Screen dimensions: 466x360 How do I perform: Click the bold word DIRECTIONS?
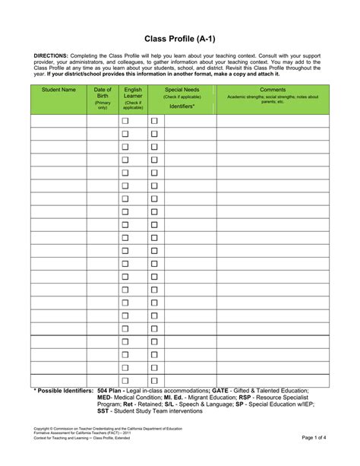pyautogui.click(x=50, y=56)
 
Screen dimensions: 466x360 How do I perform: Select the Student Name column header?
pyautogui.click(x=58, y=90)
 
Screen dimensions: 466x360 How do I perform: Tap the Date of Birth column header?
pyautogui.click(x=102, y=93)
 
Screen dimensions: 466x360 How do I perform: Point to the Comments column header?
pyautogui.click(x=273, y=90)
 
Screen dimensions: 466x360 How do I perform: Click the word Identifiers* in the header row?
pyautogui.click(x=182, y=106)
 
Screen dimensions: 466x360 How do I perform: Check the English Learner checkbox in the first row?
pyautogui.click(x=125, y=121)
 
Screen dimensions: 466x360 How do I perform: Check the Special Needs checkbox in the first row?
pyautogui.click(x=154, y=121)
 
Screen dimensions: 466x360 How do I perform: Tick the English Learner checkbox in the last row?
pyautogui.click(x=125, y=380)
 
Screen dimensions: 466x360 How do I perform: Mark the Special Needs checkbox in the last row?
pyautogui.click(x=154, y=380)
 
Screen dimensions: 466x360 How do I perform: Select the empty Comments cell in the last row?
pyautogui.click(x=273, y=380)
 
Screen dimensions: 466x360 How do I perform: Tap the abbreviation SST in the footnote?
pyautogui.click(x=103, y=411)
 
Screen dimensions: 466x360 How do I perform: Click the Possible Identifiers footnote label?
pyautogui.click(x=63, y=390)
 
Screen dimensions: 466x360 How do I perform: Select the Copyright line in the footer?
pyautogui.click(x=107, y=430)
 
